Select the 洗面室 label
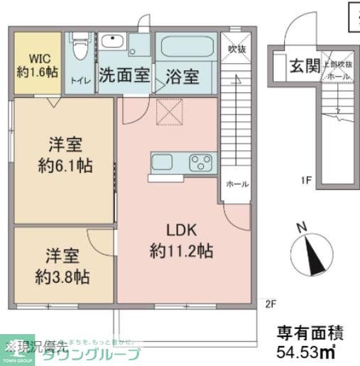click(x=124, y=74)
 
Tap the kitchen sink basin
click(x=163, y=162)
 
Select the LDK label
click(x=181, y=231)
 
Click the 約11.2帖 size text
click(x=181, y=250)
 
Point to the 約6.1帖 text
click(x=64, y=168)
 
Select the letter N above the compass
click(x=302, y=228)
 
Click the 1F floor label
click(x=306, y=180)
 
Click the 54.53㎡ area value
click(x=306, y=350)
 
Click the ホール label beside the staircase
click(x=236, y=184)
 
